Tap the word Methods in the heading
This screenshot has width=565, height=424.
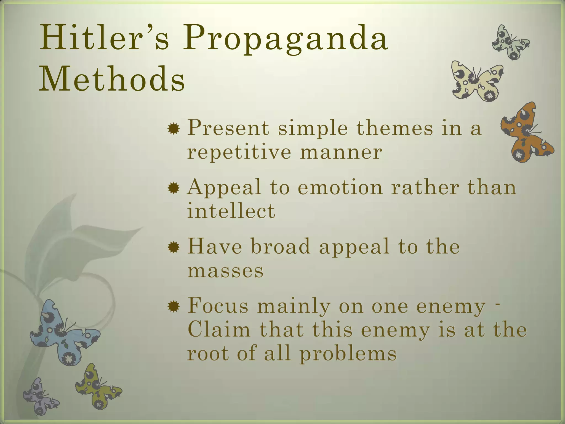coord(112,79)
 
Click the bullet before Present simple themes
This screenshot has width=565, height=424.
coord(174,129)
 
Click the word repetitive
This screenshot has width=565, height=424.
coord(239,152)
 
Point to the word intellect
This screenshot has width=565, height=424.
coord(231,211)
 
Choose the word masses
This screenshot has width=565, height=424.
coord(225,271)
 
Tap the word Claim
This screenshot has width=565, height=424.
coord(219,330)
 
